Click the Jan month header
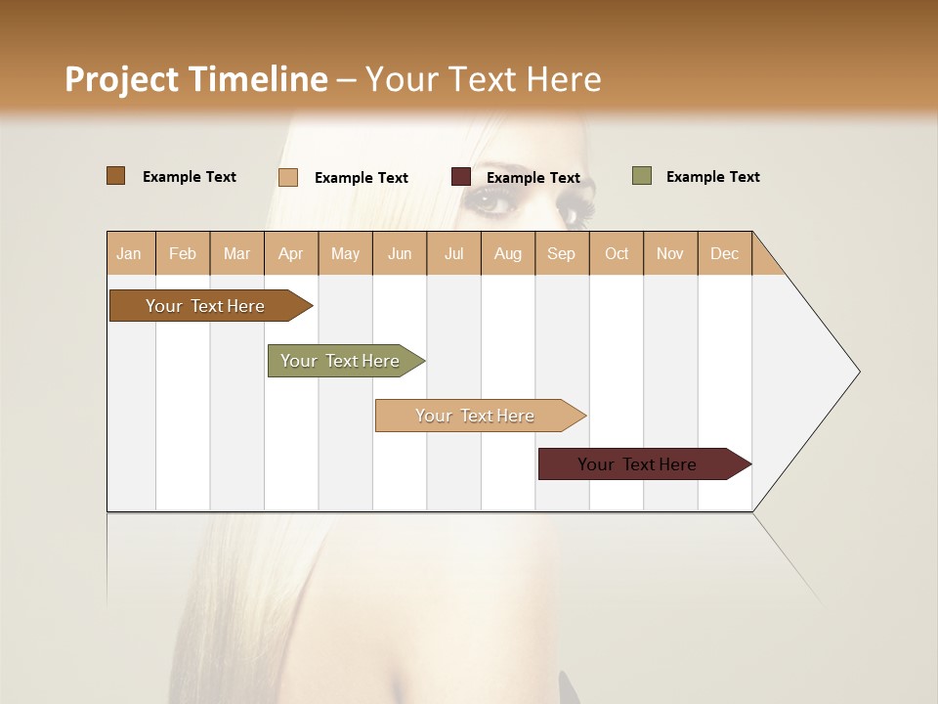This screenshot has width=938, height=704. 129,253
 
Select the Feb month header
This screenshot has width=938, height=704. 183,253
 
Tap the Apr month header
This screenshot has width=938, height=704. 290,253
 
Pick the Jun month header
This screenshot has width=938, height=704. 400,253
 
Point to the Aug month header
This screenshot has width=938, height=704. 507,253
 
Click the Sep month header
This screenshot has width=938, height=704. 561,253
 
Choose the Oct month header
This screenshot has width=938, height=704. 617,253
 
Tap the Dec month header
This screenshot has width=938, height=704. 724,253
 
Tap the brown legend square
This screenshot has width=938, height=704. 116,176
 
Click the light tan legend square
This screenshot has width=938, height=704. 288,177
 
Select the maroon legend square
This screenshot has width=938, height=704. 461,177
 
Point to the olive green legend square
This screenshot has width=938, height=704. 642,176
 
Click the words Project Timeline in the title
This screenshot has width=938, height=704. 195,79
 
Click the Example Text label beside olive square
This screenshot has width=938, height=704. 712,177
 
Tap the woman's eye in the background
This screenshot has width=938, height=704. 490,201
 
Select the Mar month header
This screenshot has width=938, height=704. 236,253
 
